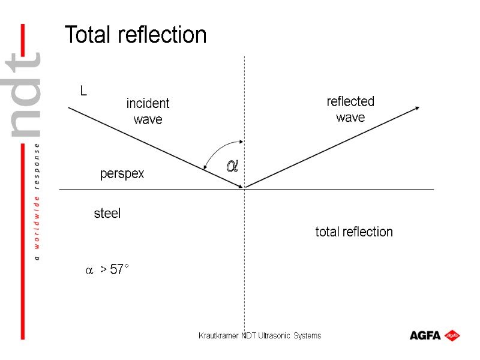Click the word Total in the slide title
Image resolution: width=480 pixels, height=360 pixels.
click(x=89, y=35)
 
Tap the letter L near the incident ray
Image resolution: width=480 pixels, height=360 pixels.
click(x=84, y=91)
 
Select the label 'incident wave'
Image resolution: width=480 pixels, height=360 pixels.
click(x=148, y=112)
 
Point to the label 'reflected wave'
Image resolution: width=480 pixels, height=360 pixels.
click(x=350, y=109)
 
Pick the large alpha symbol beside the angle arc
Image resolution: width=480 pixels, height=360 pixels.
click(x=232, y=166)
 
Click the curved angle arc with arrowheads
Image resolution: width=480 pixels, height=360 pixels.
click(x=216, y=150)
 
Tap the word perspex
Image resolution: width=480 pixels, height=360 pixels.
click(x=122, y=174)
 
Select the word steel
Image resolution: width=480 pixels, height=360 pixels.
click(x=107, y=213)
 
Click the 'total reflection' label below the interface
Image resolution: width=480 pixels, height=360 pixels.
click(x=354, y=232)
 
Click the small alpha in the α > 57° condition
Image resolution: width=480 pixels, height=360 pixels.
click(x=88, y=271)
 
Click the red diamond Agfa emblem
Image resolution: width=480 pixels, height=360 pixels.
click(x=452, y=335)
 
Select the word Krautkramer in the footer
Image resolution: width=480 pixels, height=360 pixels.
click(x=219, y=335)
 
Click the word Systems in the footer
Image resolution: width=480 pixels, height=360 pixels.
click(x=307, y=335)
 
